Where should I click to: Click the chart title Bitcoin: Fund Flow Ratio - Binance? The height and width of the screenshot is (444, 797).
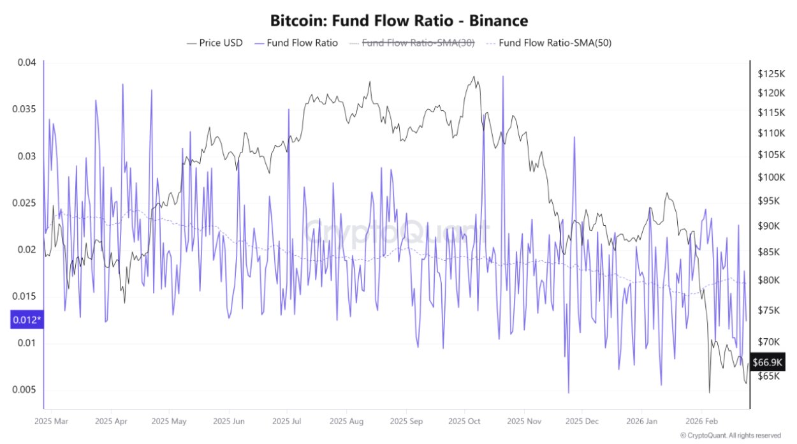point(398,20)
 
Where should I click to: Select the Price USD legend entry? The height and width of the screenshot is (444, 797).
point(214,43)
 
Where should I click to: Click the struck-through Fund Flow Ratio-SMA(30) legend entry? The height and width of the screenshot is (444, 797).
point(410,43)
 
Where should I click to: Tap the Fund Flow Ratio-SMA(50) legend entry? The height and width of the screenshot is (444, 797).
point(548,43)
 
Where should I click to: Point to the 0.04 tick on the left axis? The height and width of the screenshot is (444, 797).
point(27,63)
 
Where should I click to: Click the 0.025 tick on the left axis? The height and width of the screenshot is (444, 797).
point(24,203)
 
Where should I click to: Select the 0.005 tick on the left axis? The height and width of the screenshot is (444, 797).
point(24,390)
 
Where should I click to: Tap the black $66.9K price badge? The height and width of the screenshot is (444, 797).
point(767,362)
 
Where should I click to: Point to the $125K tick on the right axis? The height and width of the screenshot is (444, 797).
point(770,74)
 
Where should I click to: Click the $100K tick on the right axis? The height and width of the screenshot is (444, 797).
point(770,177)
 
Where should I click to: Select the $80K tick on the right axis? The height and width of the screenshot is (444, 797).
point(768,280)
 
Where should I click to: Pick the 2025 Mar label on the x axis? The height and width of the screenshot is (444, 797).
point(51,422)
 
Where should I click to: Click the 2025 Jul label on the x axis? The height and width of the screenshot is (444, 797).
point(287,422)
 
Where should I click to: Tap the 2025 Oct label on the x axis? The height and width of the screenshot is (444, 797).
point(464,422)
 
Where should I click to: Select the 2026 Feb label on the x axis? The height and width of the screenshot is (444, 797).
point(701,422)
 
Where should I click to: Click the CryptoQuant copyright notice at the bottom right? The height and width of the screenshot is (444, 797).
point(730,435)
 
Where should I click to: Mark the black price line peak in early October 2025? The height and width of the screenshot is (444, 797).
point(473,77)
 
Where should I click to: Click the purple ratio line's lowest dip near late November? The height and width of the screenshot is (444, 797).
point(568,393)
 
